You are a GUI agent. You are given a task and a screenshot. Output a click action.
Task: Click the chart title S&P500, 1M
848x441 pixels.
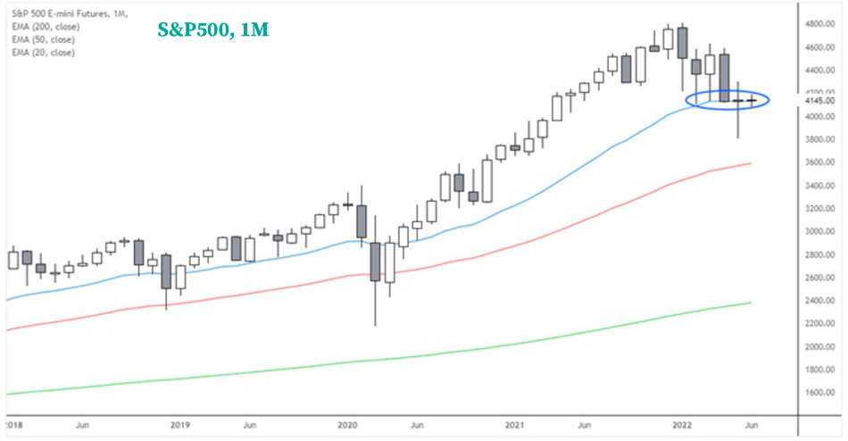[213, 29]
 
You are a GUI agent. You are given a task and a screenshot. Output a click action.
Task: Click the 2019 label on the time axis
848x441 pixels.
[181, 425]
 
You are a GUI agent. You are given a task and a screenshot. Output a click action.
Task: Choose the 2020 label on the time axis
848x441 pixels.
[347, 425]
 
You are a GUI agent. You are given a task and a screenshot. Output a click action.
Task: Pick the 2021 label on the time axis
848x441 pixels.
[515, 425]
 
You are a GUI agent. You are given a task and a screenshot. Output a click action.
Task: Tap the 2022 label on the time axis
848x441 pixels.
[682, 425]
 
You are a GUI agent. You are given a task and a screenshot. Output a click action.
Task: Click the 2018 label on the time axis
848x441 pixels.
[14, 425]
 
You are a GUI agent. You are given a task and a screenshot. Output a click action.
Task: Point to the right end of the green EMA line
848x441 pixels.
[750, 303]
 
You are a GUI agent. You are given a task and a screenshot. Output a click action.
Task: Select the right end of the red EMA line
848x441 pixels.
[750, 163]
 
